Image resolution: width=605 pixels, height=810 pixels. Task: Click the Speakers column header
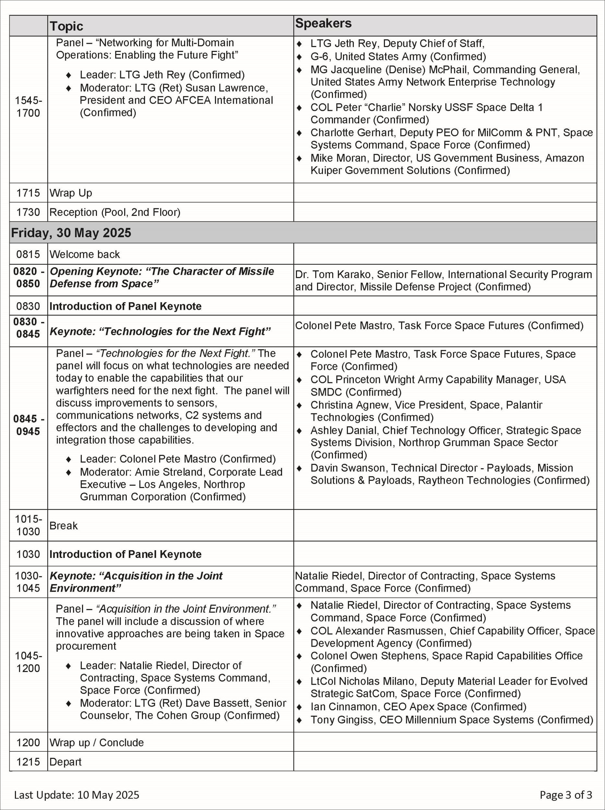(323, 23)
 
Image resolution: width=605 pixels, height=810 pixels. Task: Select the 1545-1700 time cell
(28, 107)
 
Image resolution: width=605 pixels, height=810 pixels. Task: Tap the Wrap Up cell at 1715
(71, 193)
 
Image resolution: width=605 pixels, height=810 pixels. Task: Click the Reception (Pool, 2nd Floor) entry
(115, 212)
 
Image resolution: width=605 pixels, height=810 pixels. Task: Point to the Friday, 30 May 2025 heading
(71, 233)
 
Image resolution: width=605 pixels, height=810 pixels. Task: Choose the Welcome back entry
(85, 254)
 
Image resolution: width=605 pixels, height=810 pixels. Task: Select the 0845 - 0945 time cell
(28, 425)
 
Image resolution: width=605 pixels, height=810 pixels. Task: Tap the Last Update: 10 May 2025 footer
(77, 795)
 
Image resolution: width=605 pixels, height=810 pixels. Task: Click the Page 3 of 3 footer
(565, 795)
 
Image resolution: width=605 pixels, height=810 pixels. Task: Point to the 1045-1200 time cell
(28, 662)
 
